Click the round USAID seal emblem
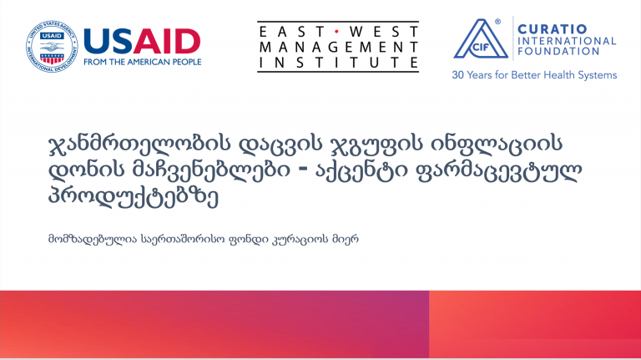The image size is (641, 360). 52,46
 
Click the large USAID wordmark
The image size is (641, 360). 142,41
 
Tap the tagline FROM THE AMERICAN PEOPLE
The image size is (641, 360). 142,62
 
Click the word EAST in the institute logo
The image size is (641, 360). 293,32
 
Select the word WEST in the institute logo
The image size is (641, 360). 384,32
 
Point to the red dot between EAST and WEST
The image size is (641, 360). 337,32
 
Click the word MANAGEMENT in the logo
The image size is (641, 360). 339,47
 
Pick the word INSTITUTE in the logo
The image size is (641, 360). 339,63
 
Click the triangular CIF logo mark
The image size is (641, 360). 481,39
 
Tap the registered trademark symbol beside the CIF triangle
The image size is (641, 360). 497,22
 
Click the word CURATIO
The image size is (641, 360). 553,29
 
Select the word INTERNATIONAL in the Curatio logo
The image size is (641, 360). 567,41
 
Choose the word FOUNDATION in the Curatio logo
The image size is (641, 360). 558,51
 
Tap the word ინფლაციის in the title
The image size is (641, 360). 497,144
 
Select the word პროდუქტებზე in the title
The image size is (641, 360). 134,197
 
